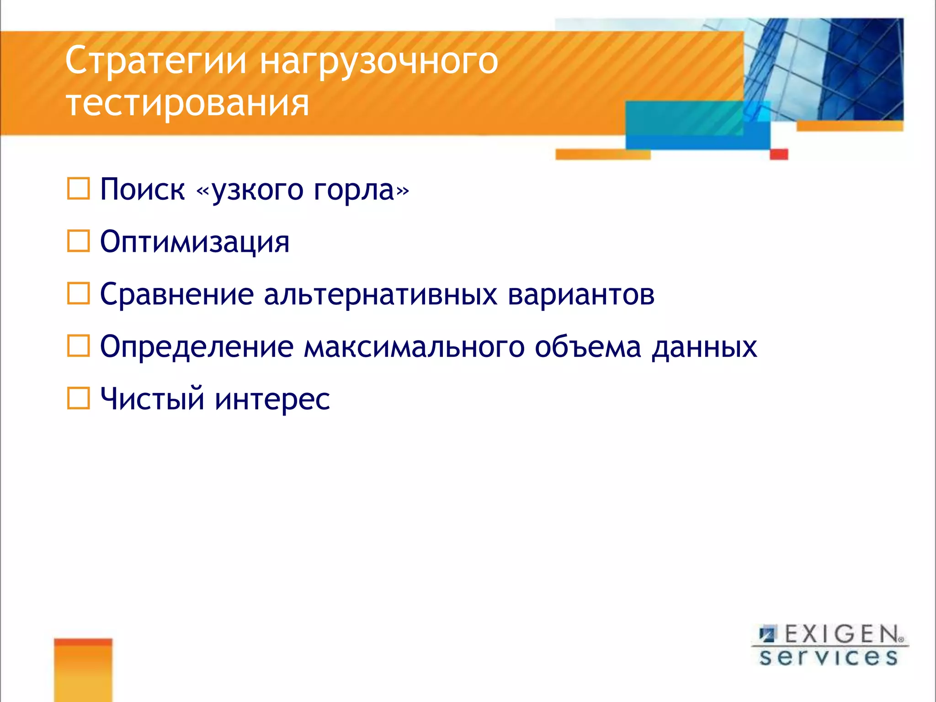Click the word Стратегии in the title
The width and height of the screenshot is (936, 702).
[x=156, y=61]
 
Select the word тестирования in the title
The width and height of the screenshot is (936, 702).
[x=187, y=103]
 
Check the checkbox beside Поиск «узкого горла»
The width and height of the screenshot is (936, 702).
[x=78, y=189]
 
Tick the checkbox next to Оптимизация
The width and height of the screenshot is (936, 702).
[x=78, y=241]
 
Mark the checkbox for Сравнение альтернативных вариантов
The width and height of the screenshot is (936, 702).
[x=78, y=293]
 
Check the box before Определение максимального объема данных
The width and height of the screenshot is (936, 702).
[x=78, y=346]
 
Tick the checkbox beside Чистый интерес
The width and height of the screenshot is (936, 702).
[x=78, y=398]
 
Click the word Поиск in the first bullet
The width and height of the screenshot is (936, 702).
[x=142, y=189]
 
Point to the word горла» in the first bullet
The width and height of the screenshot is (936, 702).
[x=361, y=190]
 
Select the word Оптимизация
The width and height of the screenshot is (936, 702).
[x=195, y=242]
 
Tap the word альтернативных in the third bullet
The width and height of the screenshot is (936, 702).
[x=380, y=294]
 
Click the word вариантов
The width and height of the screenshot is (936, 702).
[x=581, y=294]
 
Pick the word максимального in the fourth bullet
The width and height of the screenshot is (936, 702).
[x=414, y=347]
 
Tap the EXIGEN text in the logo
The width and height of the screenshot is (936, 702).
[x=841, y=634]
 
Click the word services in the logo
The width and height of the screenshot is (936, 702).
[x=829, y=657]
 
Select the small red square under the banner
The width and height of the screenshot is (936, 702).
[x=779, y=154]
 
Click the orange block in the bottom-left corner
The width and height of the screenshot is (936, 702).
[x=83, y=670]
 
